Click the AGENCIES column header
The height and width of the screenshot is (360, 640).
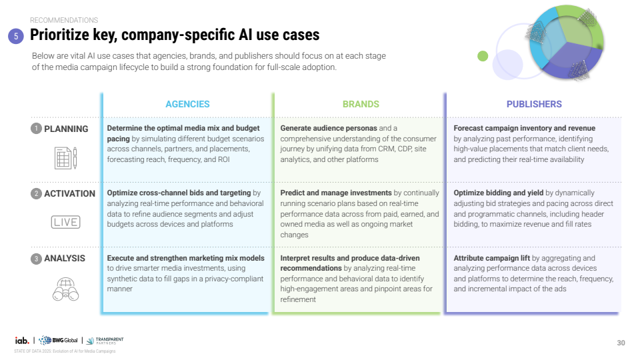(x=187, y=104)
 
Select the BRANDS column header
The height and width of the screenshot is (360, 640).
(x=361, y=104)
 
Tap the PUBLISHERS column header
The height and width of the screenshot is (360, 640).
(x=534, y=104)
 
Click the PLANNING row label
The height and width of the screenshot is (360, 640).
(x=66, y=129)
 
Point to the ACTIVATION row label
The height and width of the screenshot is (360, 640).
(x=69, y=193)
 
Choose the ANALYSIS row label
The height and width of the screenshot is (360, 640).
(x=65, y=258)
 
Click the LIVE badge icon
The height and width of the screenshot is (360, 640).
(x=65, y=222)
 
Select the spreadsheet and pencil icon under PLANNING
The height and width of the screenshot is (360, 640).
(x=65, y=157)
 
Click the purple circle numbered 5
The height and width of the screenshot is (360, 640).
(x=17, y=37)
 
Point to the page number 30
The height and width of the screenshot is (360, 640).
(x=621, y=343)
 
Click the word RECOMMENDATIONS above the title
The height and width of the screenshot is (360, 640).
(x=64, y=21)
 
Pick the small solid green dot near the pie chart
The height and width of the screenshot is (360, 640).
(x=483, y=56)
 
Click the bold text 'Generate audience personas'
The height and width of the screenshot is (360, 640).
(x=328, y=128)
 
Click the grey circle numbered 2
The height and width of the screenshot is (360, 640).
(x=36, y=193)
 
